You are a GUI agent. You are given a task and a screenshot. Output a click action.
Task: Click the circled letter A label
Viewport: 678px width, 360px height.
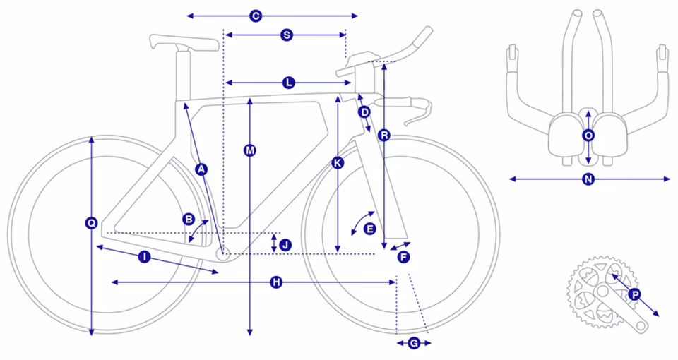[201, 169]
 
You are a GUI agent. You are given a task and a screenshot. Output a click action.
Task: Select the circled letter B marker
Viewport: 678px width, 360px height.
[189, 220]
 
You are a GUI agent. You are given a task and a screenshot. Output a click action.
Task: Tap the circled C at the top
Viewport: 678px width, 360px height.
[256, 16]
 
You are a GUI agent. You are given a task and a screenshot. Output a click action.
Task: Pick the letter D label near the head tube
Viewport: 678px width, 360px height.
[364, 112]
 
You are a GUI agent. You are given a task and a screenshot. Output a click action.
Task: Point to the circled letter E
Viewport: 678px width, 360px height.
[369, 229]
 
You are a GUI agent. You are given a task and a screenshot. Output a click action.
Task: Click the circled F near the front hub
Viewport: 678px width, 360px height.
[403, 257]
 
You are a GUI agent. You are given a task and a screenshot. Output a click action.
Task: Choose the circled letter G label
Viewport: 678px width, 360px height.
[414, 344]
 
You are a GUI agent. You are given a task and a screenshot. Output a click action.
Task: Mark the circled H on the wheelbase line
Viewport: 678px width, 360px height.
[276, 282]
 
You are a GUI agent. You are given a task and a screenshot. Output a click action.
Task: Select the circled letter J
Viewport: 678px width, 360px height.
[285, 244]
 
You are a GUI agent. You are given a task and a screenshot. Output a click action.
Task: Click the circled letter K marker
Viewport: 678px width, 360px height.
[338, 163]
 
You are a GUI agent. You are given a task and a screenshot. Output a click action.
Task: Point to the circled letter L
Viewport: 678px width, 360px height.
[288, 83]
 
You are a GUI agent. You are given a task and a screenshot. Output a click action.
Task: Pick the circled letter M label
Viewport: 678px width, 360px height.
[250, 150]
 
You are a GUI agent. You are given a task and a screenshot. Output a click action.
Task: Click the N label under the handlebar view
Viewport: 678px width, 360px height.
[588, 180]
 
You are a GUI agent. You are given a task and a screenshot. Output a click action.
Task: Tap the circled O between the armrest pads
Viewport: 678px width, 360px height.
[589, 135]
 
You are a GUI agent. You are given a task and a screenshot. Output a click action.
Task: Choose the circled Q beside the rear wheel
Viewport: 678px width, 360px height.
[91, 223]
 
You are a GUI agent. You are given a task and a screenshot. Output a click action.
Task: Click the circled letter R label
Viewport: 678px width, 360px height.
[383, 135]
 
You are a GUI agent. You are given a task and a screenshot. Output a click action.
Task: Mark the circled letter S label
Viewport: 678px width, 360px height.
[285, 35]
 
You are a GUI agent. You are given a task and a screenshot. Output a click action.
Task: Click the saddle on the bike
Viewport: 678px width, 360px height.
[184, 43]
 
